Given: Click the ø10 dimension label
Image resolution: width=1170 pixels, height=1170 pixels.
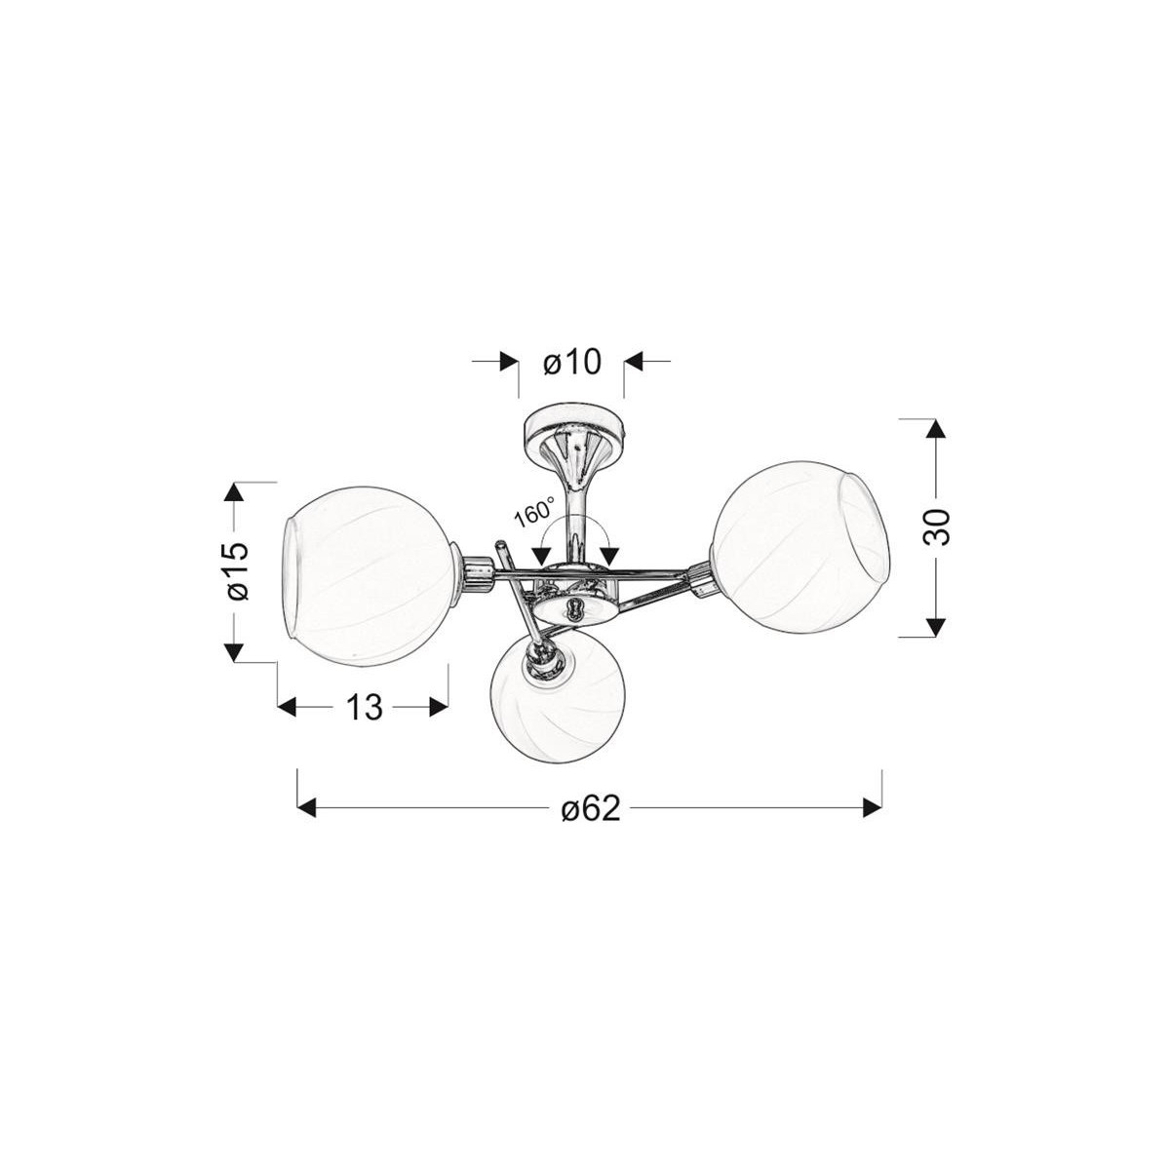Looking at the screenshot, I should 570,363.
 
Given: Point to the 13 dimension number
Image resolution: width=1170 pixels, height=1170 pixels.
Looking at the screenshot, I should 364,708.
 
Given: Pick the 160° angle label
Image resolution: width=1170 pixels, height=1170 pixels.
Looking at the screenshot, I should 535,513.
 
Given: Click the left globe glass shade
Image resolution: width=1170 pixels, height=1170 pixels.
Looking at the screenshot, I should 370,580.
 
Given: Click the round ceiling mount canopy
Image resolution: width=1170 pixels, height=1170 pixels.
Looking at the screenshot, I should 570,425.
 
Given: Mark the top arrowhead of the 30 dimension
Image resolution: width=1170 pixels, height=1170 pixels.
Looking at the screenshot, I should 935,431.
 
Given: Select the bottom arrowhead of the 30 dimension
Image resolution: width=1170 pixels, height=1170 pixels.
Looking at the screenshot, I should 935,624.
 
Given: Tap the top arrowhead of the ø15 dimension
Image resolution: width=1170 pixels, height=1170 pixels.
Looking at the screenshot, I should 234,493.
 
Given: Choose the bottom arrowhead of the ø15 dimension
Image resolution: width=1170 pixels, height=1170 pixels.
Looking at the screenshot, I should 234,649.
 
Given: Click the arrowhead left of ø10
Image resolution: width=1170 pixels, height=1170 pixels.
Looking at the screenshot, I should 507,362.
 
